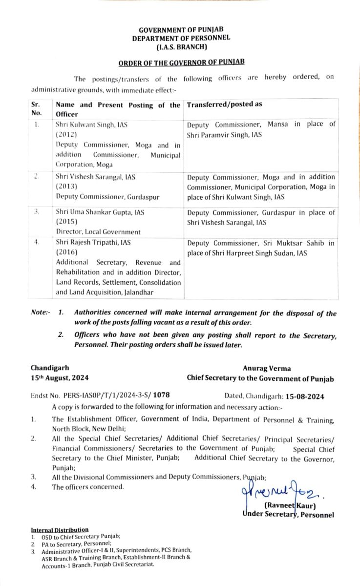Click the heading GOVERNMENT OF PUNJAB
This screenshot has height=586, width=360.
pos(181,30)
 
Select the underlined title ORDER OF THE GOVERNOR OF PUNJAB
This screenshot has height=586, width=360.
pos(181,62)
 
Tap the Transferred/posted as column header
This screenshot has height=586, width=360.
pos(224,105)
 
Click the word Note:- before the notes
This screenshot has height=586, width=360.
pos(41,314)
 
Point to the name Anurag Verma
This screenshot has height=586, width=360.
pos(260,369)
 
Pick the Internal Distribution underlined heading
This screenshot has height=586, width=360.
pos(60,529)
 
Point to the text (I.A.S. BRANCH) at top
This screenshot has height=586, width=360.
pos(181,47)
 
